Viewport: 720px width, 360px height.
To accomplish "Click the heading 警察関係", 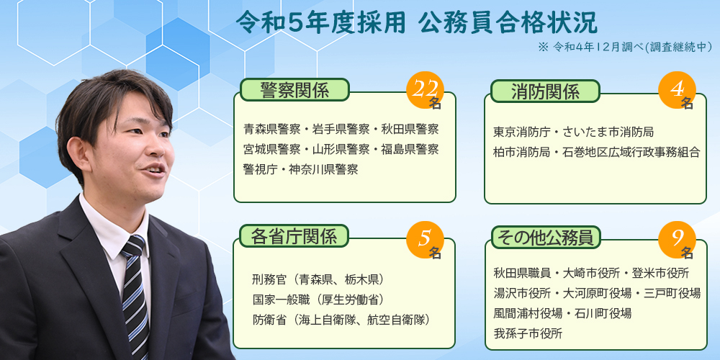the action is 294,89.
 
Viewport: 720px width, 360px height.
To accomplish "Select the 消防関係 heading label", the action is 545,91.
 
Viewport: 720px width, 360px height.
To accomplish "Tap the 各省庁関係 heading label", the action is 294,236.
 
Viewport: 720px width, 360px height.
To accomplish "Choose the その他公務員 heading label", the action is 546,238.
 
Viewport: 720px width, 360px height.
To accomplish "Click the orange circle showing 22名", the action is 426,90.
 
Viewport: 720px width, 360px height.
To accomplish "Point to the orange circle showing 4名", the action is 677,90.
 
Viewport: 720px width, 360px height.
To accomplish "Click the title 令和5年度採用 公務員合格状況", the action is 416,23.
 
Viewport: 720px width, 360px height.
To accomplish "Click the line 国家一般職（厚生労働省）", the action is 318,299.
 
